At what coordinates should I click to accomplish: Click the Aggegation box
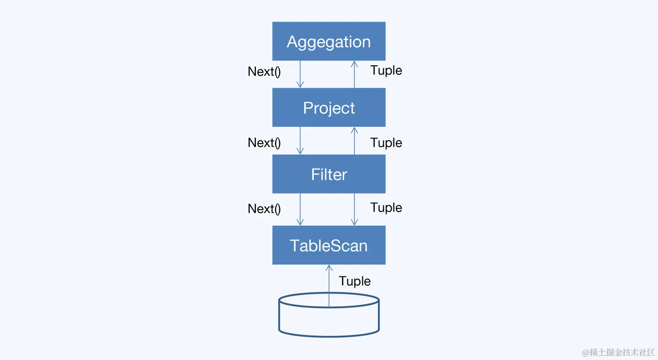[x=329, y=41]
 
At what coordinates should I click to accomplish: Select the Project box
[x=329, y=107]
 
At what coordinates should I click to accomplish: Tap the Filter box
[x=329, y=174]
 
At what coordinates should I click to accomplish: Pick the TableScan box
[x=329, y=245]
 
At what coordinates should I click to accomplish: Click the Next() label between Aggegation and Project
[x=264, y=72]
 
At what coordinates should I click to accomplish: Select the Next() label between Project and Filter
[x=264, y=143]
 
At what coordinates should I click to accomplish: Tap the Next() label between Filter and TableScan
[x=264, y=209]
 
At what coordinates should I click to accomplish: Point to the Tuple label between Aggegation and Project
[x=386, y=70]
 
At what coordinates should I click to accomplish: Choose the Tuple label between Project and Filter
[x=386, y=143]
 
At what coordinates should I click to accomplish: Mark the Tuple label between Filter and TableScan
[x=386, y=207]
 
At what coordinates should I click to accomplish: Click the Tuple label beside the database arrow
[x=355, y=281]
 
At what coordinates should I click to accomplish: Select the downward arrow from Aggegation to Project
[x=300, y=74]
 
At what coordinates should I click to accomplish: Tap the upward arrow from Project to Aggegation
[x=354, y=74]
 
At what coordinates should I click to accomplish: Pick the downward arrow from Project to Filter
[x=300, y=141]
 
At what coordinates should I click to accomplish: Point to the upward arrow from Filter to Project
[x=354, y=141]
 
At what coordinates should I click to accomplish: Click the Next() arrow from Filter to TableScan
[x=300, y=209]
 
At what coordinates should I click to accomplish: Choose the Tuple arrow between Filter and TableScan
[x=354, y=209]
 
